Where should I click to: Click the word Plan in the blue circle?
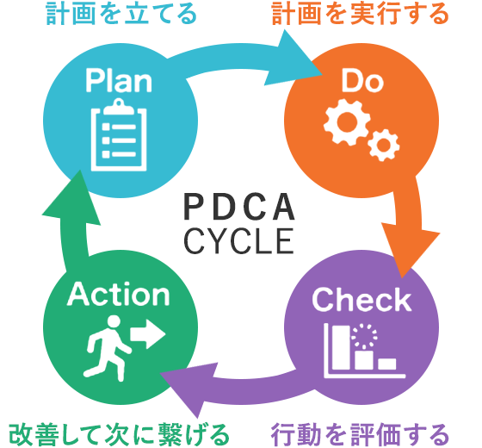(x=119, y=80)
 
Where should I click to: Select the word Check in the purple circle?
(x=361, y=300)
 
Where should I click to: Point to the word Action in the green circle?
(x=119, y=294)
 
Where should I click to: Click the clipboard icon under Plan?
(x=119, y=134)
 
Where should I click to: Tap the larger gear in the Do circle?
(x=347, y=121)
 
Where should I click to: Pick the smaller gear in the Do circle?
(x=383, y=145)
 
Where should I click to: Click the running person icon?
(x=108, y=348)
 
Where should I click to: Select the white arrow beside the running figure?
(x=148, y=334)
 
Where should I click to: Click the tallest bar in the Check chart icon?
(x=341, y=347)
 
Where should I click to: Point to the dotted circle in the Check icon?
(x=364, y=335)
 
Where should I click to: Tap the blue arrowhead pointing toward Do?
(x=292, y=59)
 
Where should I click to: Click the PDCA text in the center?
(x=239, y=207)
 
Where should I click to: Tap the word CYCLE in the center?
(x=238, y=241)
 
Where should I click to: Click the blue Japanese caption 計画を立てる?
(x=121, y=14)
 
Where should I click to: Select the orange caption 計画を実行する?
(x=361, y=14)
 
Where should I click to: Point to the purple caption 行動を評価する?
(x=360, y=435)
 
